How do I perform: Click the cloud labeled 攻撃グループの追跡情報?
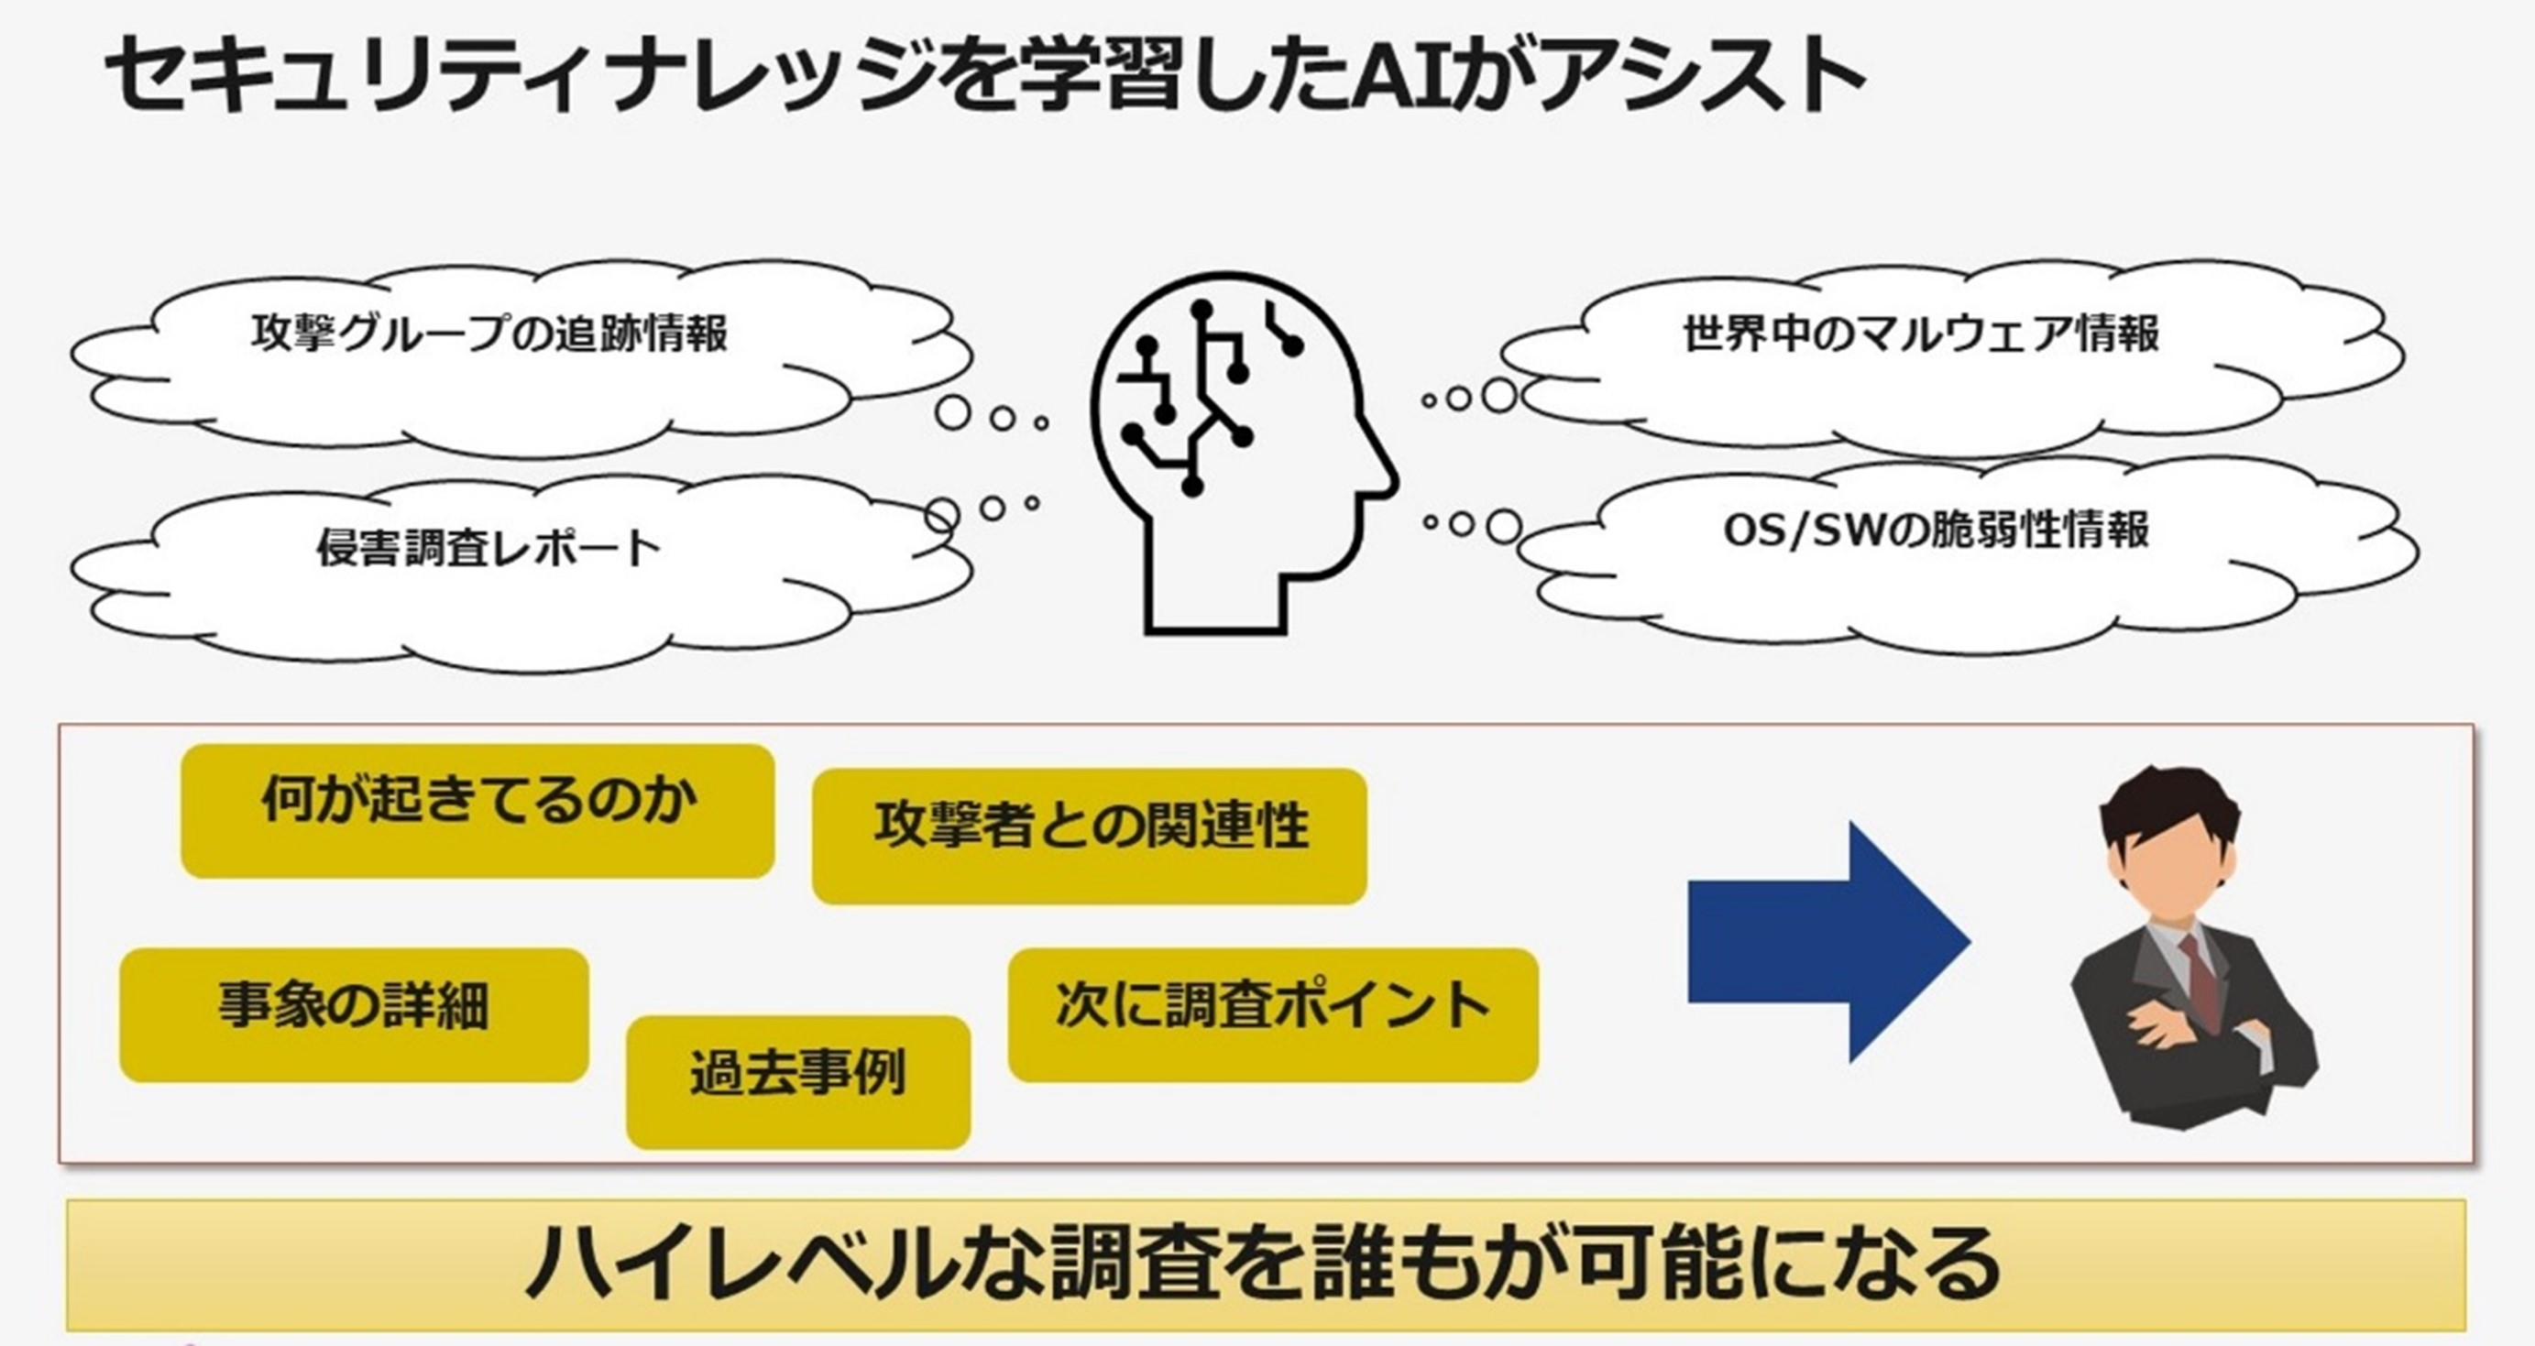coord(489,334)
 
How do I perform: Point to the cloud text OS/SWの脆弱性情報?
coord(1936,531)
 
